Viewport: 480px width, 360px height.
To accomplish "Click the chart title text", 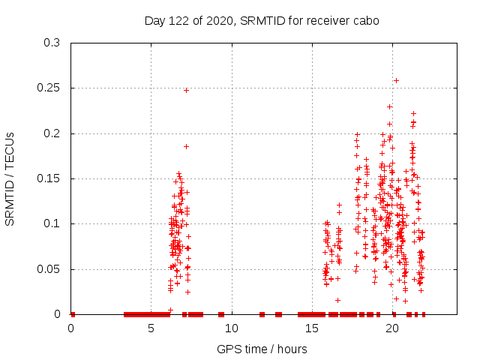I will (x=262, y=21).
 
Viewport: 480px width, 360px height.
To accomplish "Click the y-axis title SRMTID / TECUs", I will (x=10, y=178).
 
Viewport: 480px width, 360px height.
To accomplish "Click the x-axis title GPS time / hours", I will (x=262, y=349).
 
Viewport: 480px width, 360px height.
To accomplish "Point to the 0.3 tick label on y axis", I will (x=52, y=43).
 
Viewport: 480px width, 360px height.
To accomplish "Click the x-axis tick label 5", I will (x=151, y=328).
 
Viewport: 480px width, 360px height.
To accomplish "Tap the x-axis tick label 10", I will (x=232, y=328).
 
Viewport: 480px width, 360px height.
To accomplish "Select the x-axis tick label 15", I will (x=312, y=328).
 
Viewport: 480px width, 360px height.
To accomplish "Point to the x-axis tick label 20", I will (x=392, y=328).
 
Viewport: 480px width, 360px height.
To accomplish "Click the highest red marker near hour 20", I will (x=396, y=80).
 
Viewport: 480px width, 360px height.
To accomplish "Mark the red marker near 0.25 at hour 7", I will (x=186, y=90).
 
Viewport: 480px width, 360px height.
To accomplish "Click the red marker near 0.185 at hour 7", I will (x=186, y=146).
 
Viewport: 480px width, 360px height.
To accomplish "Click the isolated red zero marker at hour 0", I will (x=73, y=314).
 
